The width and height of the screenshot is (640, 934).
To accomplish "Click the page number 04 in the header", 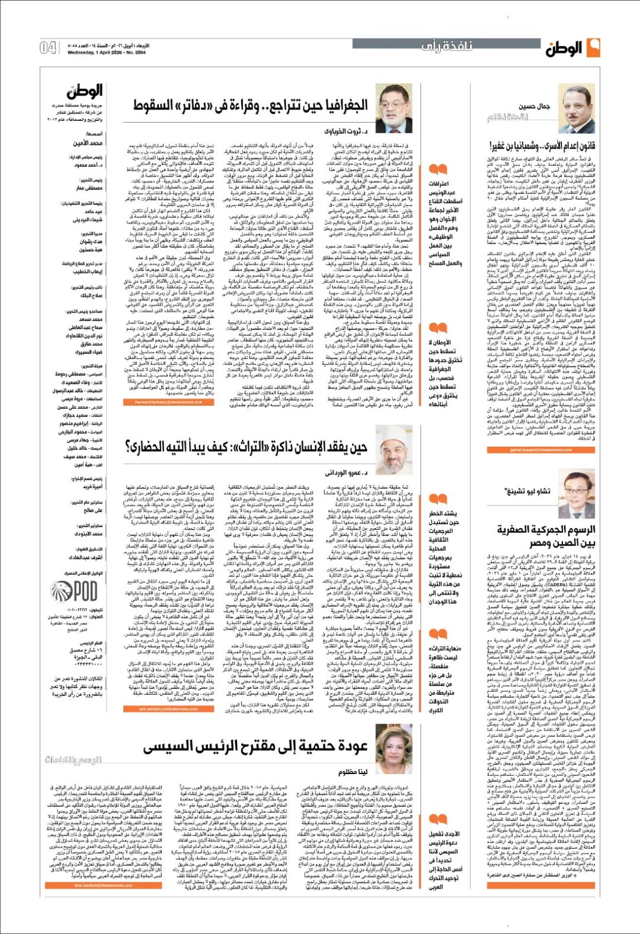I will pos(49,47).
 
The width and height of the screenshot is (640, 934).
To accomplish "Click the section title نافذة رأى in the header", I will pos(447,46).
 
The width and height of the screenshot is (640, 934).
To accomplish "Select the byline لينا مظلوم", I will pos(354,772).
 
